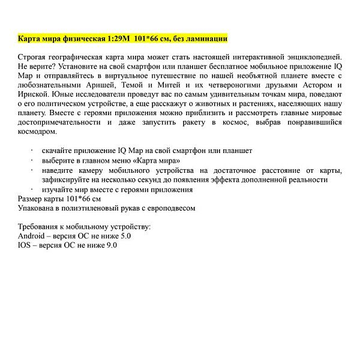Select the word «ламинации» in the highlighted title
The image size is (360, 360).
[206, 39]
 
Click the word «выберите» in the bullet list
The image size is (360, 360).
[59, 160]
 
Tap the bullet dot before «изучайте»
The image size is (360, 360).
[32, 189]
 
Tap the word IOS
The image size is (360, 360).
[26, 245]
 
